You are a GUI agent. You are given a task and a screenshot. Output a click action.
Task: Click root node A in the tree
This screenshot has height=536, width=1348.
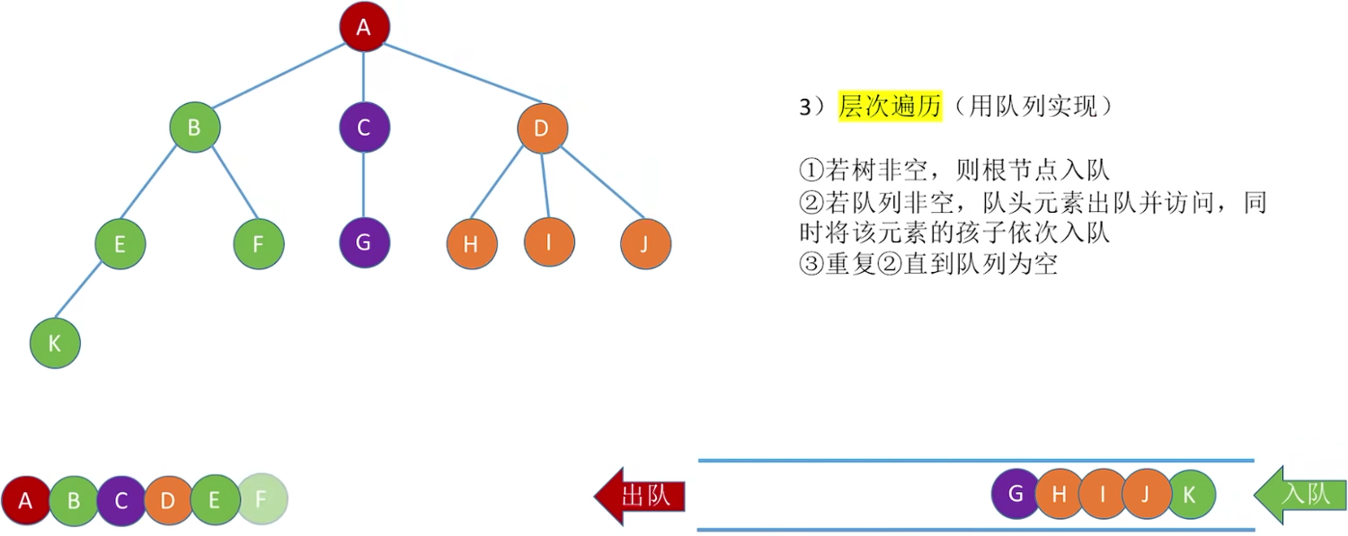(x=364, y=27)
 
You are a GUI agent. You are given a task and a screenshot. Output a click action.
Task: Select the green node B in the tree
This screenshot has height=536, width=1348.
(x=194, y=127)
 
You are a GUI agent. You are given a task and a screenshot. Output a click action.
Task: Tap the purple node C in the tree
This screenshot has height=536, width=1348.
(x=364, y=127)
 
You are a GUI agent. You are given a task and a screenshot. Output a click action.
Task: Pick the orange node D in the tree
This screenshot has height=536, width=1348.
(x=542, y=127)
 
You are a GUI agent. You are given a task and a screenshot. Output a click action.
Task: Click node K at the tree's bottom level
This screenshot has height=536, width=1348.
(x=55, y=343)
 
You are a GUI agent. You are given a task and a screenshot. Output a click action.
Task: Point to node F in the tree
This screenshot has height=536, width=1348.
(x=258, y=244)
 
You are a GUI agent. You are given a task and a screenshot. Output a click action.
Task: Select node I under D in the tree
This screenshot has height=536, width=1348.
(x=549, y=242)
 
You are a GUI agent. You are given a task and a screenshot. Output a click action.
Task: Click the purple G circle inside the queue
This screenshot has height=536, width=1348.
(x=1015, y=494)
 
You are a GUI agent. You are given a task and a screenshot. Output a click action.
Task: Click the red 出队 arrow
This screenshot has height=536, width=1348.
(x=640, y=496)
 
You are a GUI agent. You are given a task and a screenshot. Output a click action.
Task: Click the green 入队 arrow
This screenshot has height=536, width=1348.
(x=1299, y=495)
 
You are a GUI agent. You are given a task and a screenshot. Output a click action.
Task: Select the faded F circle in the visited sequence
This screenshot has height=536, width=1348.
(x=262, y=499)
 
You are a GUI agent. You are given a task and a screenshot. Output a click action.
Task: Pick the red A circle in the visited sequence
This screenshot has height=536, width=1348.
(x=26, y=500)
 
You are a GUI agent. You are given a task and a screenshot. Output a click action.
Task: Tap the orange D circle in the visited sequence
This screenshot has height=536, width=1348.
(x=168, y=500)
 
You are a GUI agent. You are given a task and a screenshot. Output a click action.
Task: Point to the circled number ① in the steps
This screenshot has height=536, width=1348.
(x=810, y=169)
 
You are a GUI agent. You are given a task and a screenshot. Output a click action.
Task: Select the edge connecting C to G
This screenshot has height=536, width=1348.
(x=364, y=186)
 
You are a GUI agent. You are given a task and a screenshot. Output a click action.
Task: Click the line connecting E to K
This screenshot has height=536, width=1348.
(x=88, y=292)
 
